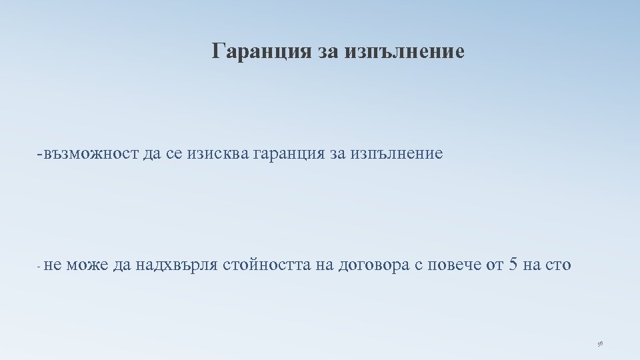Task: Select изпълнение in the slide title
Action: (x=405, y=51)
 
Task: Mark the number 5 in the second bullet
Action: (x=513, y=265)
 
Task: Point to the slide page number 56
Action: (x=600, y=343)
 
